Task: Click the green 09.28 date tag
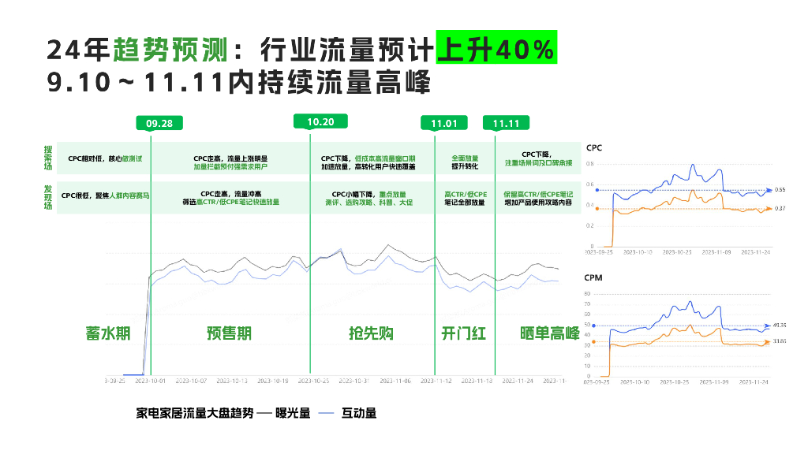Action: pyautogui.click(x=159, y=124)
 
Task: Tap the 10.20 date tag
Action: pyautogui.click(x=321, y=121)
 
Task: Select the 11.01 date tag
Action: pyautogui.click(x=444, y=124)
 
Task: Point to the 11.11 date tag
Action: pyautogui.click(x=506, y=124)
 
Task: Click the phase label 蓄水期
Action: pyautogui.click(x=107, y=333)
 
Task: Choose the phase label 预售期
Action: pyautogui.click(x=229, y=333)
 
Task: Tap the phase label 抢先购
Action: pyautogui.click(x=371, y=333)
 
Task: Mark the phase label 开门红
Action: pyautogui.click(x=464, y=333)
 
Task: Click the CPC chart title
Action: pyautogui.click(x=595, y=147)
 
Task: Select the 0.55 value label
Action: pyautogui.click(x=780, y=190)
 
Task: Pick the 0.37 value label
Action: pyautogui.click(x=780, y=208)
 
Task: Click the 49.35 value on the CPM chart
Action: pyautogui.click(x=781, y=325)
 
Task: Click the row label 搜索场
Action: pyautogui.click(x=49, y=158)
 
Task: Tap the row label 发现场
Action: pyautogui.click(x=49, y=195)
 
